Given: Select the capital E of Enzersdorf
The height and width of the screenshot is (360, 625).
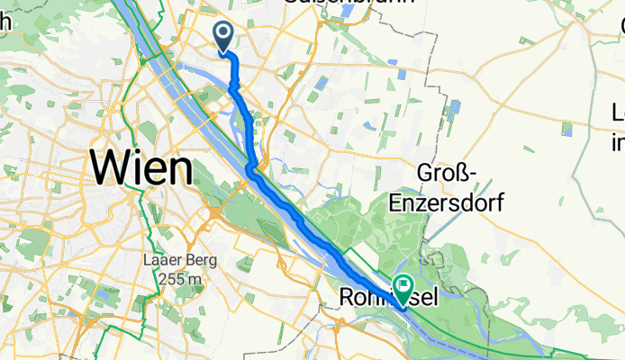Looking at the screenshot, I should pyautogui.click(x=395, y=203).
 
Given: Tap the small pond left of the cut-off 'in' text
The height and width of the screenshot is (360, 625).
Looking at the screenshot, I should pyautogui.click(x=567, y=130).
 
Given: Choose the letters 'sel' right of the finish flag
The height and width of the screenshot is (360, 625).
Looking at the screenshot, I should pyautogui.click(x=425, y=297).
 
